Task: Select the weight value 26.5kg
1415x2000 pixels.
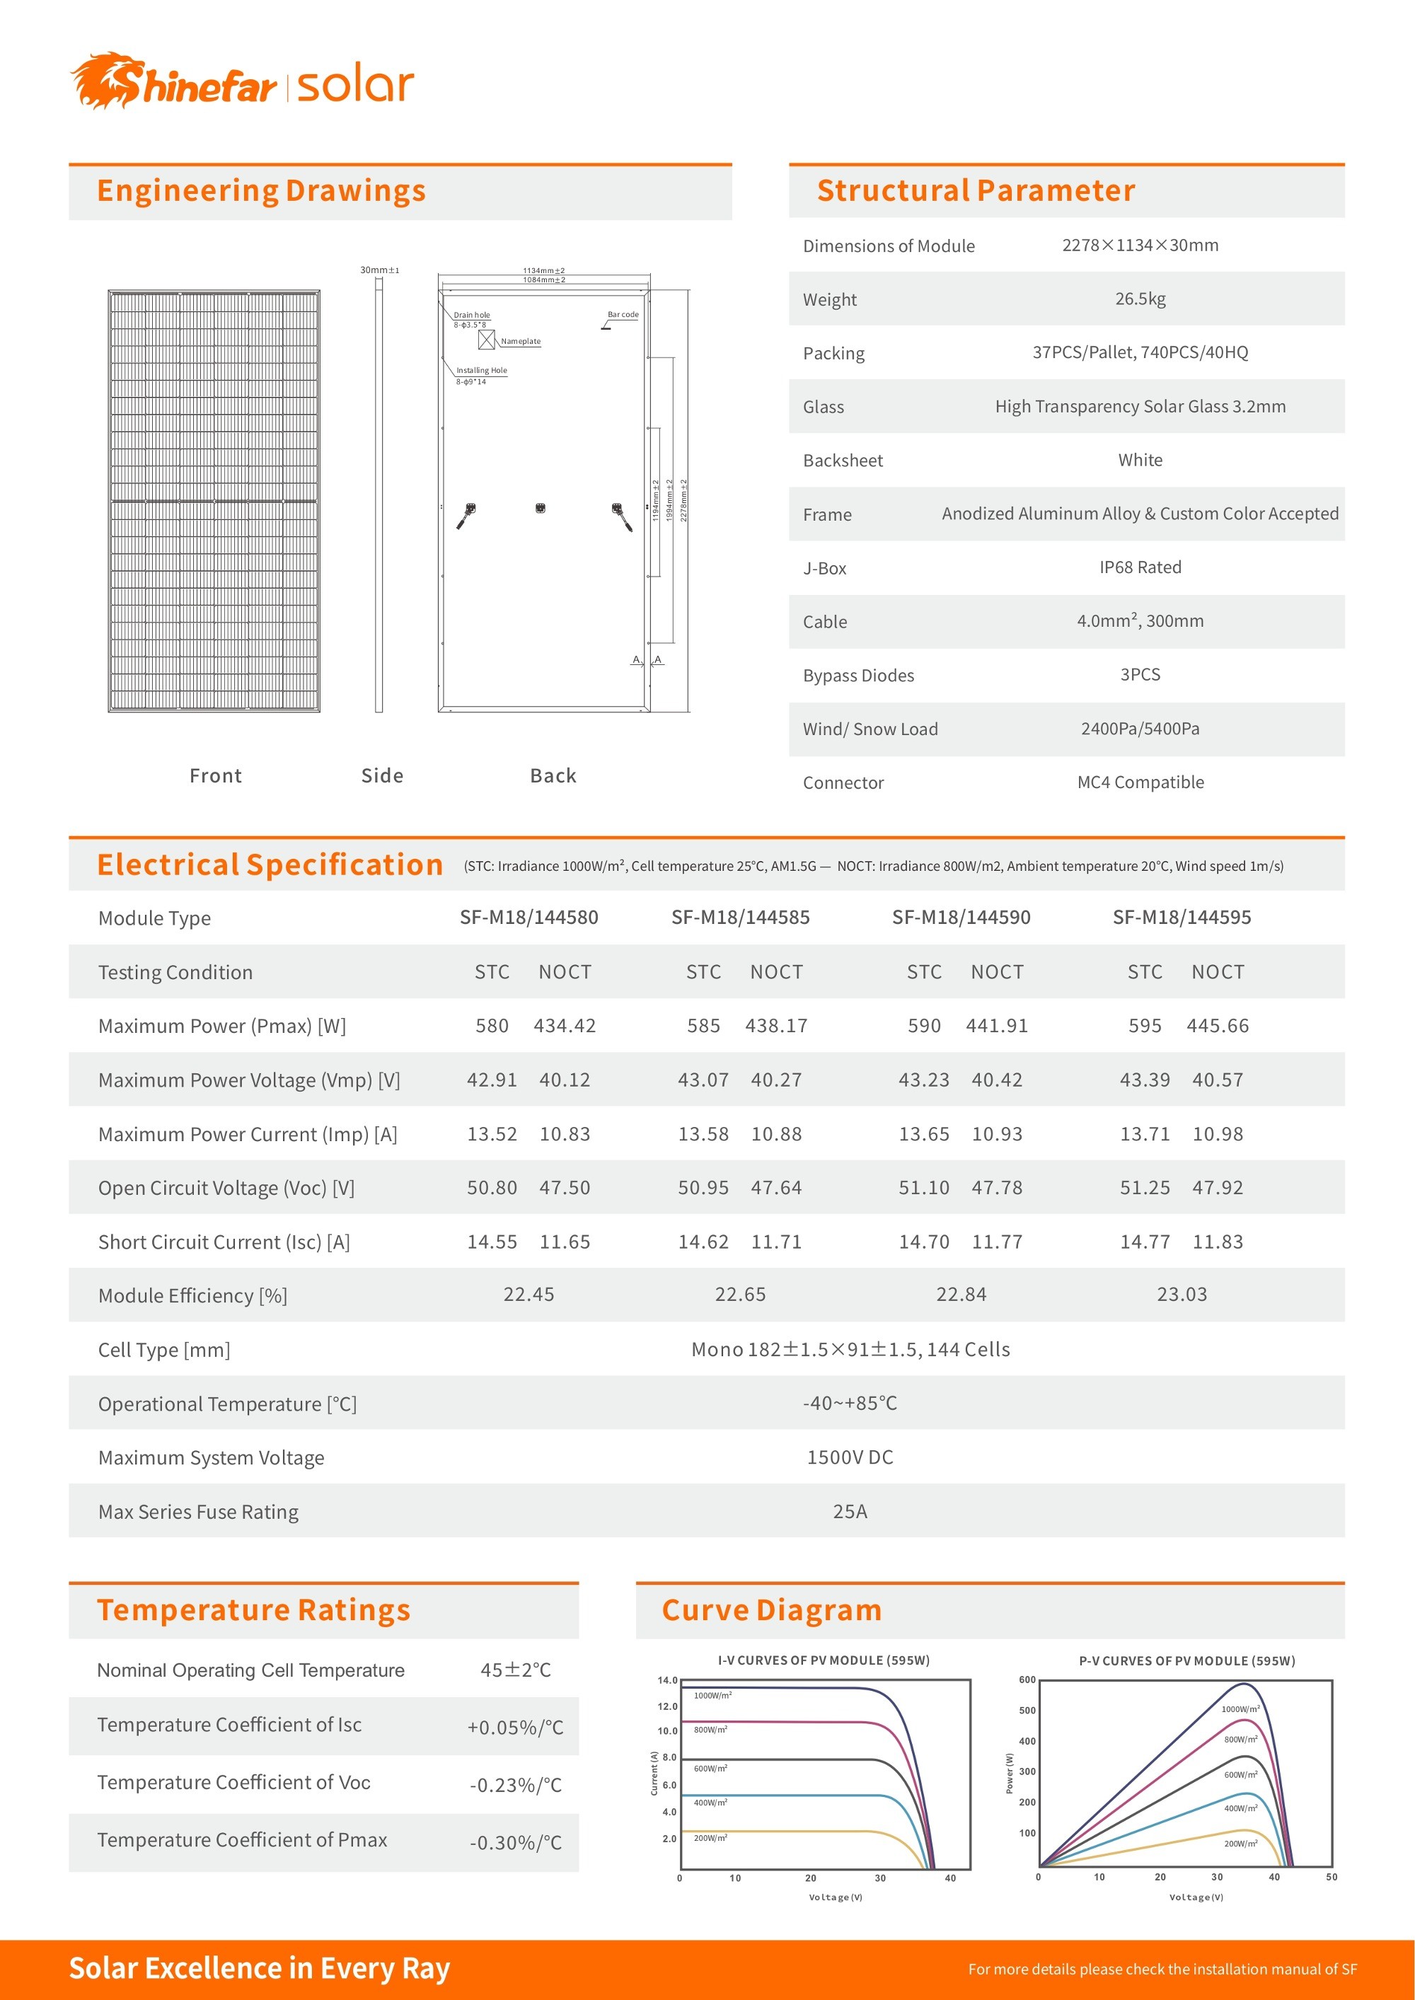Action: click(x=1140, y=299)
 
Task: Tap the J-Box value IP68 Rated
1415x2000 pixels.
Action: click(x=1140, y=567)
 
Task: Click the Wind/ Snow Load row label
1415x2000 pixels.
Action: click(x=870, y=729)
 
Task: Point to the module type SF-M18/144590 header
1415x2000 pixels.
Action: click(x=960, y=918)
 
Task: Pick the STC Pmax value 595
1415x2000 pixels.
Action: click(x=1144, y=1026)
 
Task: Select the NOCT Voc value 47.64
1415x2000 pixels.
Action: click(x=775, y=1188)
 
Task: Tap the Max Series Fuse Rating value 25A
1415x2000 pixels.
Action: click(x=850, y=1511)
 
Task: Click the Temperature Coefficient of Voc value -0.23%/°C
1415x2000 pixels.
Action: click(x=515, y=1785)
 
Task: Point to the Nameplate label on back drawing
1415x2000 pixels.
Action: click(x=520, y=342)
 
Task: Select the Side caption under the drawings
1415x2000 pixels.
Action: click(x=381, y=775)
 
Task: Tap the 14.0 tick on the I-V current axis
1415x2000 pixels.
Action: click(x=666, y=1680)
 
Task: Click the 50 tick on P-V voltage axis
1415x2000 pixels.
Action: click(x=1331, y=1877)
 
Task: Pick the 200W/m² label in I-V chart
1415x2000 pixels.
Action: click(x=710, y=1838)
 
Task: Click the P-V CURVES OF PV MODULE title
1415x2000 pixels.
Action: click(x=1186, y=1661)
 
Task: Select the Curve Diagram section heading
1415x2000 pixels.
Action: click(x=771, y=1609)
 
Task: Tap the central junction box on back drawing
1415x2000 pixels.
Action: click(x=541, y=508)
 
